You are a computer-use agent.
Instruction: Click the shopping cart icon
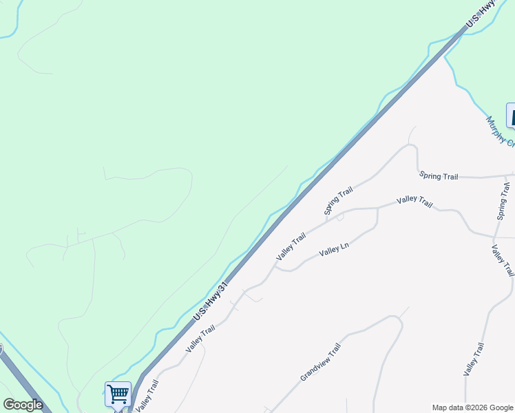[118, 394]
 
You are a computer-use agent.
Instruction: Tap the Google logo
[23, 405]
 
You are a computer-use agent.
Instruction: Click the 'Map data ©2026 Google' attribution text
[472, 407]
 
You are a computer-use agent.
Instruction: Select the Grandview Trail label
[321, 363]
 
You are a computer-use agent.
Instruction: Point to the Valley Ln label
[335, 249]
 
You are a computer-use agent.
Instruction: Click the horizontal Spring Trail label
[438, 177]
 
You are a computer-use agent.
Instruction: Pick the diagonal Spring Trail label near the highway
[339, 200]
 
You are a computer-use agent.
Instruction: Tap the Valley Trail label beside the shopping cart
[147, 395]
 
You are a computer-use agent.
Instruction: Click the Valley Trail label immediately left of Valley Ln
[291, 247]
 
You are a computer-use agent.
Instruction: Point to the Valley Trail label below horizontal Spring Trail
[414, 202]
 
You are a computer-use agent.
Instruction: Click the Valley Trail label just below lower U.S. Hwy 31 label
[200, 339]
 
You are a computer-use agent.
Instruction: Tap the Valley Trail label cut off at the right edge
[503, 260]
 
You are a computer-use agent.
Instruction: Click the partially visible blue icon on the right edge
[511, 115]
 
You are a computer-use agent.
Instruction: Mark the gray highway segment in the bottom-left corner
[28, 385]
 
